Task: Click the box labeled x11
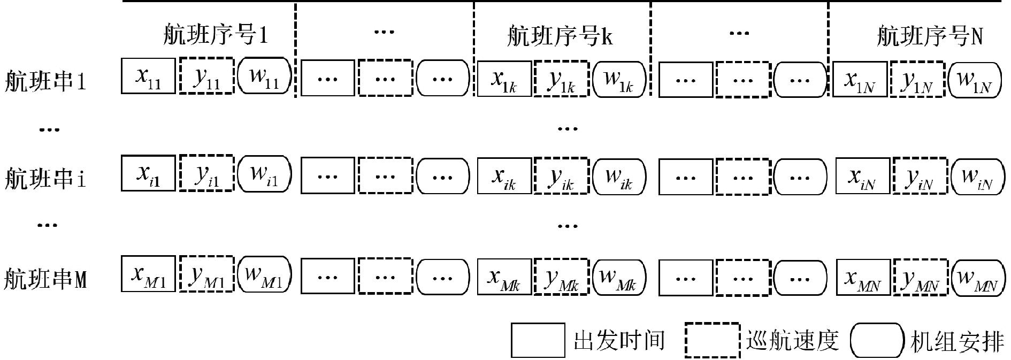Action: tap(148, 76)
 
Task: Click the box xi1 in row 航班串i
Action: tap(148, 173)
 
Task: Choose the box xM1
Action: tap(148, 273)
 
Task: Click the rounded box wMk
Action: tap(619, 275)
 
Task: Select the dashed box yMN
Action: tap(920, 277)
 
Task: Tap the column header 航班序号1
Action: tap(215, 35)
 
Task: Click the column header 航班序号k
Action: tap(560, 36)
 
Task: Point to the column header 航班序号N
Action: tap(929, 36)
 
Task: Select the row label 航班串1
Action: tap(45, 82)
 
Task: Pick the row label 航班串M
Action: tap(45, 279)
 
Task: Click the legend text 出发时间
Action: tap(619, 341)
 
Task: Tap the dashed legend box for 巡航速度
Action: tap(713, 340)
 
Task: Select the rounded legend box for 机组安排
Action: tap(876, 340)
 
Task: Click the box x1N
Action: tap(860, 79)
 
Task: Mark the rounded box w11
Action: tap(264, 76)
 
